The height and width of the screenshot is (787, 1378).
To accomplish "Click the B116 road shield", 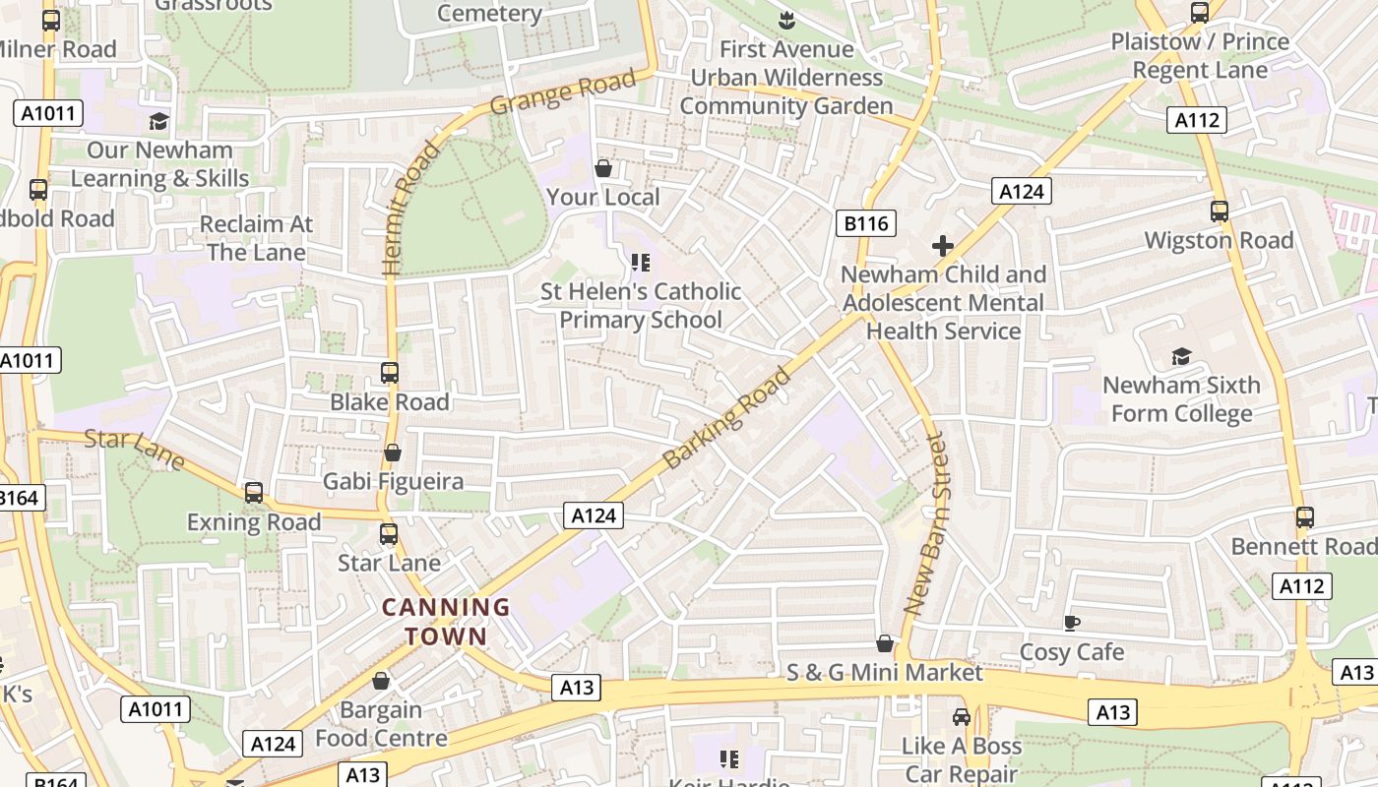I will point(866,223).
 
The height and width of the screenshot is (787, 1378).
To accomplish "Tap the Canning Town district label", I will point(446,622).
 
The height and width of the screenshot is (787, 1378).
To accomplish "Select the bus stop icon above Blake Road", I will point(390,373).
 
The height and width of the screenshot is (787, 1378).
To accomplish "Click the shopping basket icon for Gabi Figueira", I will point(393,453).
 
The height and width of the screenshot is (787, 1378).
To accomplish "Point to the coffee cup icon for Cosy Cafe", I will point(1072,623).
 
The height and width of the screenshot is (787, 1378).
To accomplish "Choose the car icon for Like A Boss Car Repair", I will point(962,717).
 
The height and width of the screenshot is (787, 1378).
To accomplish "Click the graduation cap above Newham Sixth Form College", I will point(1181,356).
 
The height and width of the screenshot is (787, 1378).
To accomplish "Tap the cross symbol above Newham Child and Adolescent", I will point(943,245).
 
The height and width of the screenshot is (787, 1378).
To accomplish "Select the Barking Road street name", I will point(727,418).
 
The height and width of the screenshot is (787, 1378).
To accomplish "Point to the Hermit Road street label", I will point(411,208).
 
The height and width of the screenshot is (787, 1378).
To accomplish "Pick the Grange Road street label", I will point(563,92).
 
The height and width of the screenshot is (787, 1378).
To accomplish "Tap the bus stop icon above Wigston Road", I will point(1220,211).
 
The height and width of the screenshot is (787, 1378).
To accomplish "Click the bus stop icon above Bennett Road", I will point(1305,517).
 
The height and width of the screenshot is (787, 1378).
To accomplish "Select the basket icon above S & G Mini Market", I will point(885,643).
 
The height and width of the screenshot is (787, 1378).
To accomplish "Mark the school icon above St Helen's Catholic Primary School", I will point(641,263).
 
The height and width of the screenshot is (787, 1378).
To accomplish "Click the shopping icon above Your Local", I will point(603,168).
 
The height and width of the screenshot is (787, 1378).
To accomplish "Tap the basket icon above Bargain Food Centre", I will point(381,681).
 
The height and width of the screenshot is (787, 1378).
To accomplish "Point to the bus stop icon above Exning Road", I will point(254,493).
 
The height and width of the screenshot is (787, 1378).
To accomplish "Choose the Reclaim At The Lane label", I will point(256,238).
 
